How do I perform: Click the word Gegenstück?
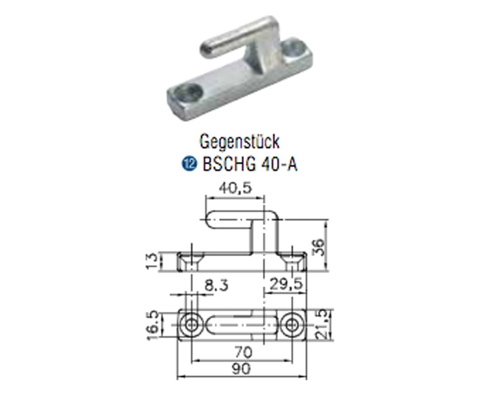(239, 142)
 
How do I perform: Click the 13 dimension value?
(152, 260)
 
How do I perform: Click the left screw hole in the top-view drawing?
(192, 325)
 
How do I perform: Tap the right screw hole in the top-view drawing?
(293, 325)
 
